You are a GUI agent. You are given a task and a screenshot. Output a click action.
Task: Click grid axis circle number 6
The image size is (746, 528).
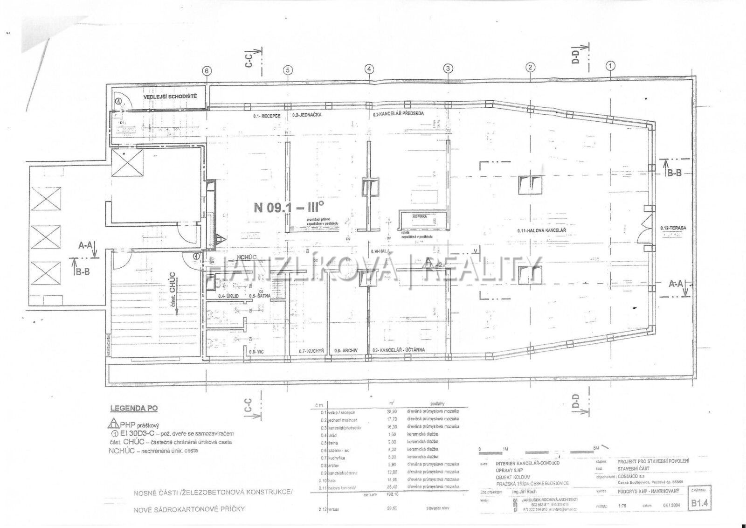pyautogui.click(x=207, y=70)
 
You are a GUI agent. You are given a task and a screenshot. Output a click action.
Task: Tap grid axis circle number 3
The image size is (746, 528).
pyautogui.click(x=448, y=69)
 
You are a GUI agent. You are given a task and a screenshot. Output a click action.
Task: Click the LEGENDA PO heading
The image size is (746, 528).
pyautogui.click(x=133, y=408)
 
